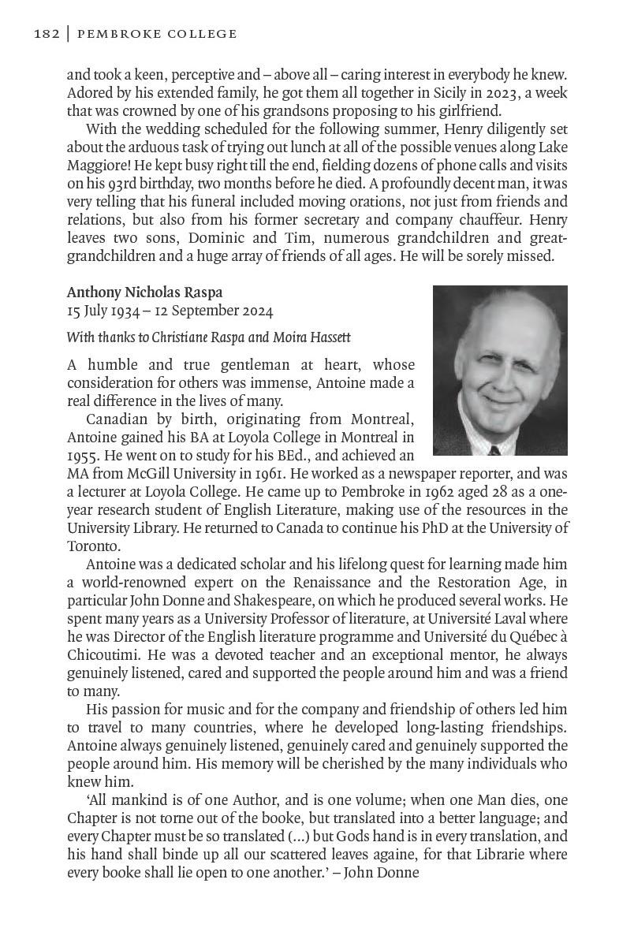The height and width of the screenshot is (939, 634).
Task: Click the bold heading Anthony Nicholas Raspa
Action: [x=144, y=293]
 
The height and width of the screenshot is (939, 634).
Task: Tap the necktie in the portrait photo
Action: [x=494, y=450]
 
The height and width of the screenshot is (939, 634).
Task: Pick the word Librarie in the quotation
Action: [x=475, y=855]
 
